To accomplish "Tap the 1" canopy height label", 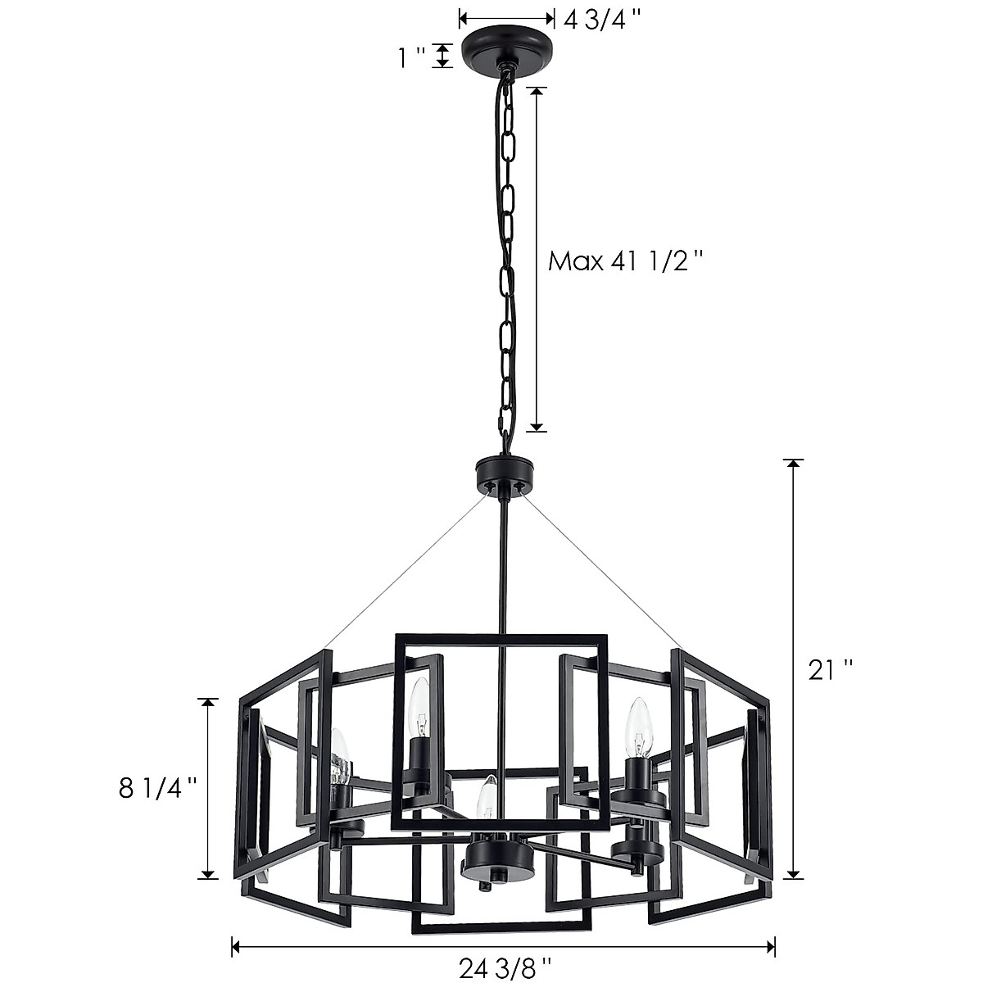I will pyautogui.click(x=411, y=57).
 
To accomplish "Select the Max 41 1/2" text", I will pyautogui.click(x=626, y=261).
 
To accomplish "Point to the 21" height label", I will pyautogui.click(x=830, y=670).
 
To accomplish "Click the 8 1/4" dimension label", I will pyautogui.click(x=158, y=788).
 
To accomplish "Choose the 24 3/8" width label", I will pyautogui.click(x=505, y=968).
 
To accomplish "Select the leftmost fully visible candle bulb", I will pyautogui.click(x=339, y=755).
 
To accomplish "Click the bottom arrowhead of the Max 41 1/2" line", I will pyautogui.click(x=537, y=425).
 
